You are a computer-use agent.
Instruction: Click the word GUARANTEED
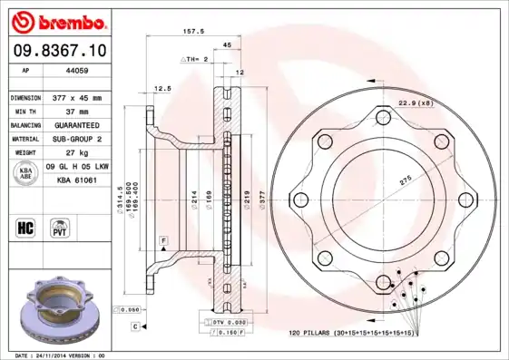click(x=77, y=124)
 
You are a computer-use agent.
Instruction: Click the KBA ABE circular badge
click(x=26, y=173)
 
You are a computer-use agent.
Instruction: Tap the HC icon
click(x=25, y=227)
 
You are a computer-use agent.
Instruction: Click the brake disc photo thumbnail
click(x=62, y=312)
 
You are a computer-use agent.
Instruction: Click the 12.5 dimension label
click(x=162, y=89)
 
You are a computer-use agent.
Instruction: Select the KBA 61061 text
click(x=77, y=181)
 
